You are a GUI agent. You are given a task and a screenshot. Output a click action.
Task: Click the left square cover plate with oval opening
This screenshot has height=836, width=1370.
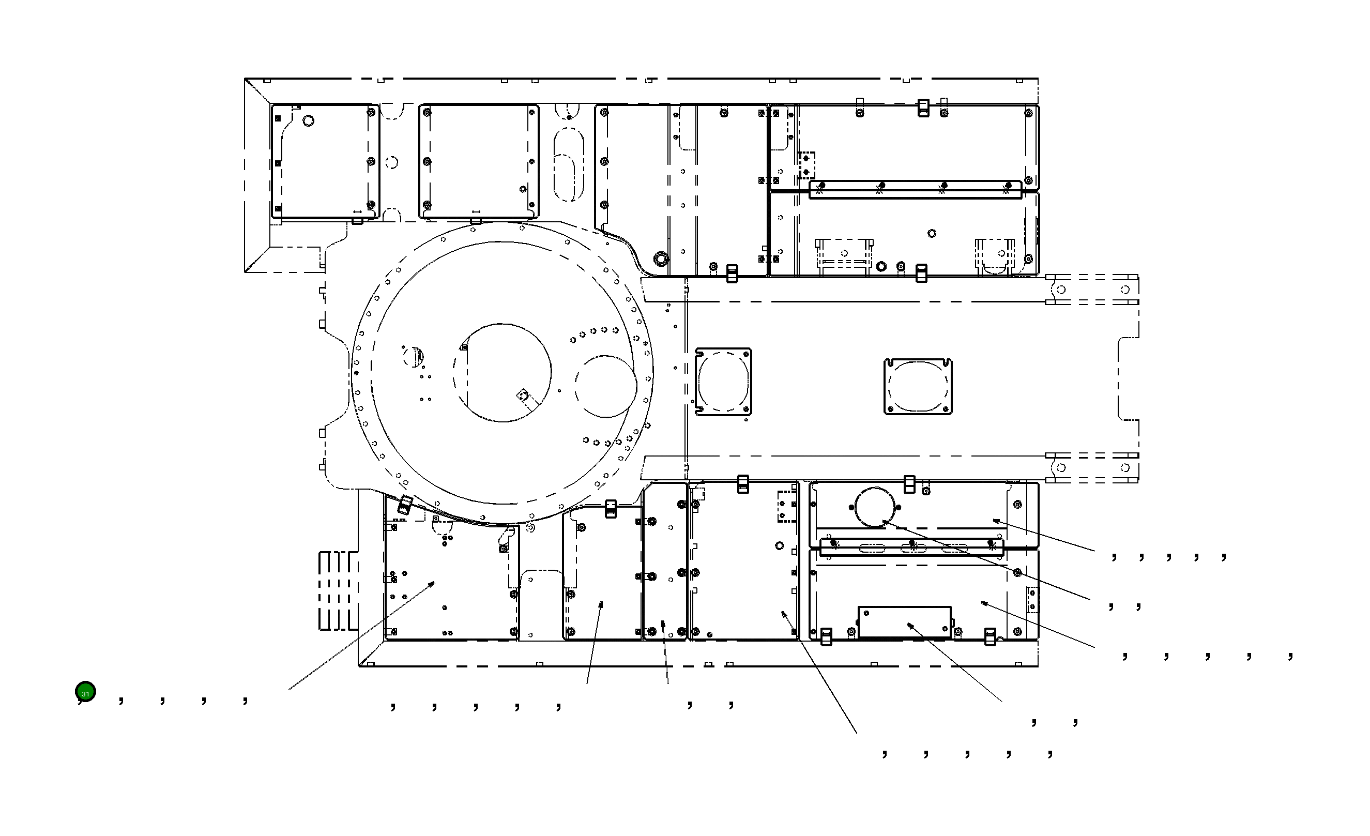[x=723, y=383]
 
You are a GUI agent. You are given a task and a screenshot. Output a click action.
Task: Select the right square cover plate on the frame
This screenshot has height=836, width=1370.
[x=918, y=387]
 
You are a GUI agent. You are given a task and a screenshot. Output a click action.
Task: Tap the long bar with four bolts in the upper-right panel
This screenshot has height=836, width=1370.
[x=915, y=190]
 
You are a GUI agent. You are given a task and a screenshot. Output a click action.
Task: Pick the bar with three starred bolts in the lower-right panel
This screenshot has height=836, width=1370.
[x=912, y=546]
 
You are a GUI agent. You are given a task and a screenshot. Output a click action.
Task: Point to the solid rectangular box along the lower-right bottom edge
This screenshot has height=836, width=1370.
[x=905, y=622]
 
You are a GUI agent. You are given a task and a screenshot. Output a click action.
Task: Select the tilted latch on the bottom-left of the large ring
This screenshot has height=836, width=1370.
[x=405, y=505]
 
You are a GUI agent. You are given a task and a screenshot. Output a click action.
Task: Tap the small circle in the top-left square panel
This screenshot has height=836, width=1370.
[x=308, y=120]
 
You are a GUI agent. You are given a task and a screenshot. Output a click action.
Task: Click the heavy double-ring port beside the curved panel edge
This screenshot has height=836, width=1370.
[x=661, y=259]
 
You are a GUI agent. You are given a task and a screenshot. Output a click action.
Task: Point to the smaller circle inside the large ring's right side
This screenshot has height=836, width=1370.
[x=605, y=386]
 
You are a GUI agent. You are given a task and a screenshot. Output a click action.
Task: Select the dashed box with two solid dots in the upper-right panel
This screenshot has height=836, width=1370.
[x=806, y=165]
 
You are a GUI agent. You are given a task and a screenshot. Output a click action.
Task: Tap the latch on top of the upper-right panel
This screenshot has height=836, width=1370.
[x=923, y=108]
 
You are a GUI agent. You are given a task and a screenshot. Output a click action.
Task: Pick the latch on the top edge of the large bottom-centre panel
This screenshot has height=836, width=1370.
[x=743, y=484]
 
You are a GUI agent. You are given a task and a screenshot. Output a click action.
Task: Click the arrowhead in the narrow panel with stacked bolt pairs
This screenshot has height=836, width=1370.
[x=663, y=624]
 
